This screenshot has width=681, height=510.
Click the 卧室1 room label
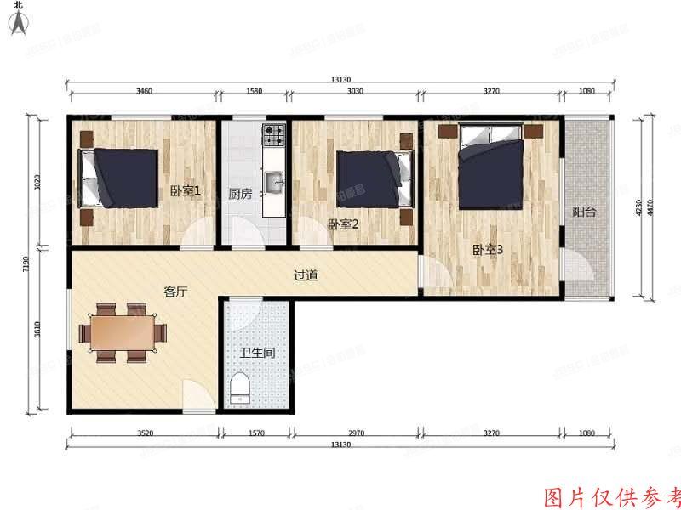[x=185, y=191]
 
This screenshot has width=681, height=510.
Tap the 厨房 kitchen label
[x=241, y=194]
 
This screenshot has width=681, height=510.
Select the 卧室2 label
[x=341, y=224]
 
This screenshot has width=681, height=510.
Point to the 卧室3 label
[x=488, y=250]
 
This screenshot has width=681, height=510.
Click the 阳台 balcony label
[x=583, y=212]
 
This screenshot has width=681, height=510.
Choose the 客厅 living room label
[x=175, y=292]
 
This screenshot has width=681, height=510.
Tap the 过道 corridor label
[x=306, y=275]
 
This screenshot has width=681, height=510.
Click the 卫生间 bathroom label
[x=256, y=353]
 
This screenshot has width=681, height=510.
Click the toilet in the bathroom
[x=241, y=388]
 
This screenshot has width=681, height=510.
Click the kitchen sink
[x=274, y=182]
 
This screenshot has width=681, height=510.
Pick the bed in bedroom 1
[x=119, y=177]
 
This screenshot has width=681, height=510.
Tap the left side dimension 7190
[x=27, y=265]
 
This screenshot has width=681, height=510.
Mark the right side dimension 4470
[x=651, y=207]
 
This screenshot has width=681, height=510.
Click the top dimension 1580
[x=255, y=90]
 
